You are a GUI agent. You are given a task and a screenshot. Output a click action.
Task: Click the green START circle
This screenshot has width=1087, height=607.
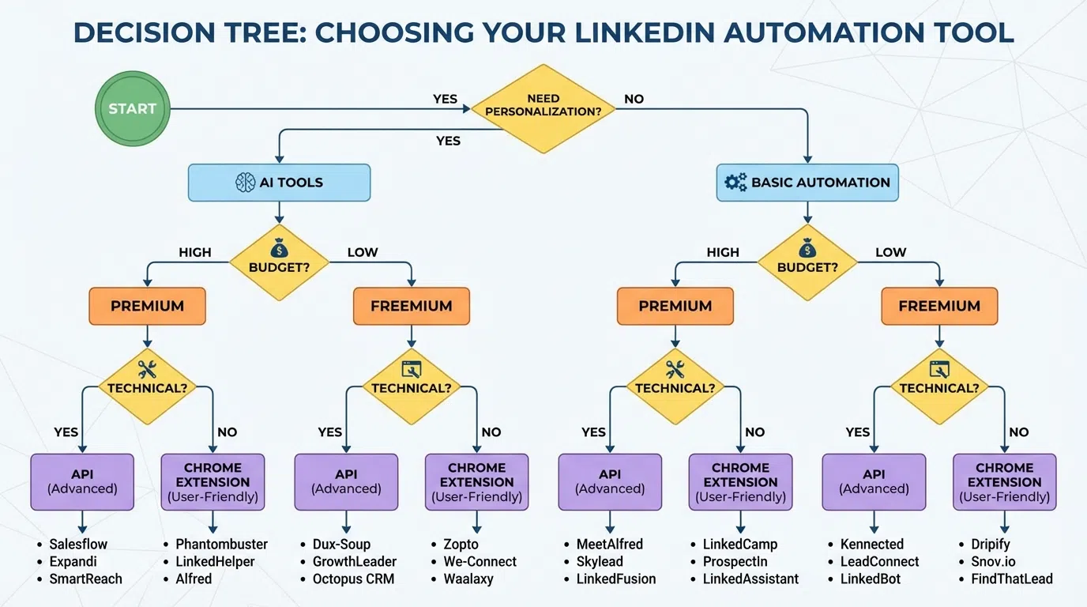pyautogui.click(x=132, y=109)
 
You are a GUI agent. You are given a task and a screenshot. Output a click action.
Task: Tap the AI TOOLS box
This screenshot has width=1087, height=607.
pyautogui.click(x=279, y=183)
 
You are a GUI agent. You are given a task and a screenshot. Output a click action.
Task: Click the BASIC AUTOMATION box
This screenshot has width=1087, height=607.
pyautogui.click(x=807, y=183)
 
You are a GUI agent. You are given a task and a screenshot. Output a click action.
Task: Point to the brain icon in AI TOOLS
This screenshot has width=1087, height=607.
pyautogui.click(x=245, y=183)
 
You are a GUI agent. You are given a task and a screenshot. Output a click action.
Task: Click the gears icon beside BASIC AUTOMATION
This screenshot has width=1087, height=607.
pyautogui.click(x=735, y=183)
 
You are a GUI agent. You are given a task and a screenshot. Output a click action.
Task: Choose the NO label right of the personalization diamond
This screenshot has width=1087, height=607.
pyautogui.click(x=634, y=100)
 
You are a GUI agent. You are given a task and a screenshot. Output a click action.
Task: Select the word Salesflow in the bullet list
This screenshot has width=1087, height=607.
pyautogui.click(x=78, y=544)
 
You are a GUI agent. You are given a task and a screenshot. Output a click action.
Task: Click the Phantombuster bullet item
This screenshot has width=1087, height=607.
pyautogui.click(x=221, y=544)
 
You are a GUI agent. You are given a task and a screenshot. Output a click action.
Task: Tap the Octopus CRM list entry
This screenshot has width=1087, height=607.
pyautogui.click(x=353, y=579)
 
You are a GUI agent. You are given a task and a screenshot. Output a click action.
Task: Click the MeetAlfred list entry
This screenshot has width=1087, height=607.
pyautogui.click(x=610, y=544)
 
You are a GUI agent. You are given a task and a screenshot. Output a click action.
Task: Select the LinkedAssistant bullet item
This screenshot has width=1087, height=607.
pyautogui.click(x=750, y=579)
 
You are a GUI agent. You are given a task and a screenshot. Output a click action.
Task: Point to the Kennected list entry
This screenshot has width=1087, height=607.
pyautogui.click(x=872, y=544)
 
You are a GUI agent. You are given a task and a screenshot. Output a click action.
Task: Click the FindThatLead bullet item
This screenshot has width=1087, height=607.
pyautogui.click(x=1012, y=579)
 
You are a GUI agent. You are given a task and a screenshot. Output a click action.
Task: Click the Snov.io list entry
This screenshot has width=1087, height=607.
pyautogui.click(x=993, y=561)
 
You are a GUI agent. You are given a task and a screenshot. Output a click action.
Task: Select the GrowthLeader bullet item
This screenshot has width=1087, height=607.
pyautogui.click(x=355, y=561)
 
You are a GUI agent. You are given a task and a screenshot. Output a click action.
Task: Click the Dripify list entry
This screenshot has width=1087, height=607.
pyautogui.click(x=991, y=544)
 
